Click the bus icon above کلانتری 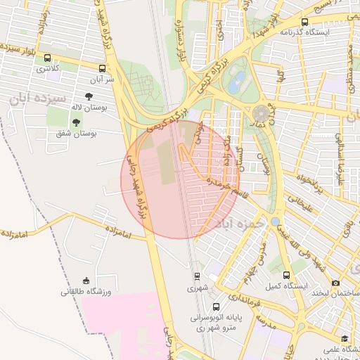coord(48,58)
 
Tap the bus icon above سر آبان coord(103,69)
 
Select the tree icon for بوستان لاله coord(89,97)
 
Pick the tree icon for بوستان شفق coord(75,123)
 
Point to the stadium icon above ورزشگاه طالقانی coord(86,281)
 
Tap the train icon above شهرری coord(196,276)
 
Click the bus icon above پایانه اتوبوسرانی coord(216,307)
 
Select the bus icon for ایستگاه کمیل coord(286,276)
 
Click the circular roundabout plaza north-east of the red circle coord(262,112)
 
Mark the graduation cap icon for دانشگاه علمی coord(345,340)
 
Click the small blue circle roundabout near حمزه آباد coord(275,221)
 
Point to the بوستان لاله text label coord(88,108)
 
